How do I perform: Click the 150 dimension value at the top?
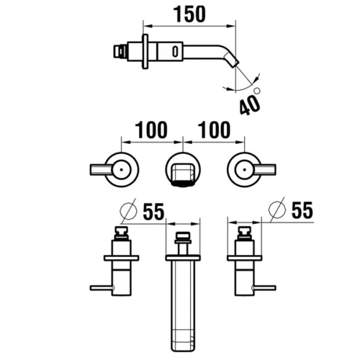[189, 14]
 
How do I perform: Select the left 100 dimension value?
[151, 130]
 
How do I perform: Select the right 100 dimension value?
[215, 130]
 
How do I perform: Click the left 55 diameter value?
[153, 212]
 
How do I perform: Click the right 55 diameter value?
[302, 210]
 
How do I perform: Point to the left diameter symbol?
[128, 211]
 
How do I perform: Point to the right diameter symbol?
[277, 210]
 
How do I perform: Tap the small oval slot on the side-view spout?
[176, 51]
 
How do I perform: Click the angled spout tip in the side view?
[232, 60]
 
